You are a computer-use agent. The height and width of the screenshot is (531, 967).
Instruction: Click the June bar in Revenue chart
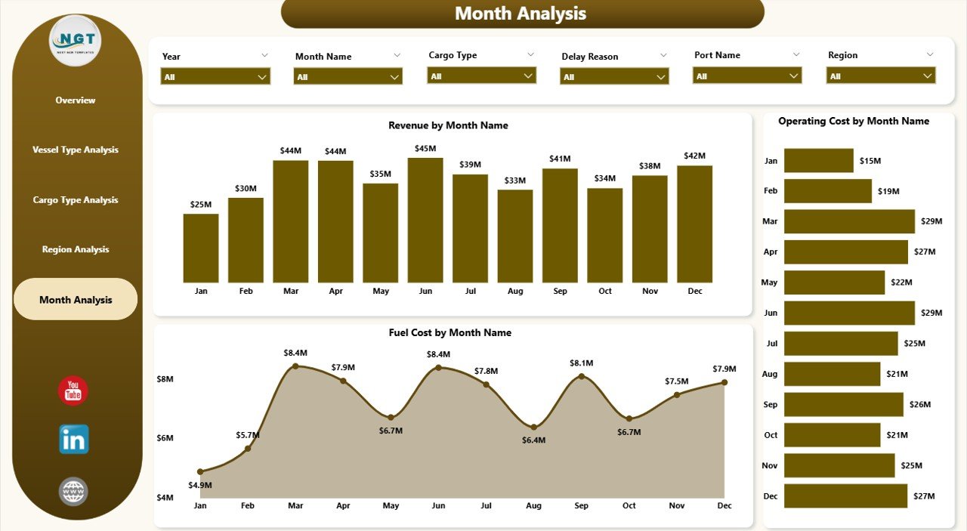point(425,220)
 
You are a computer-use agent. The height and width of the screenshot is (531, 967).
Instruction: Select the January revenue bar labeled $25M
point(201,248)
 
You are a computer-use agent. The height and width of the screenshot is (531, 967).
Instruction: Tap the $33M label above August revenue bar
point(515,180)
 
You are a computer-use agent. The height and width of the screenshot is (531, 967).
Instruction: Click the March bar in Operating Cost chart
point(849,221)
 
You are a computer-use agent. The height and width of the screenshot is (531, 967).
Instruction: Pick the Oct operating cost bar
point(832,435)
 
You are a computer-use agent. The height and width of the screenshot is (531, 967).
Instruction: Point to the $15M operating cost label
point(870,161)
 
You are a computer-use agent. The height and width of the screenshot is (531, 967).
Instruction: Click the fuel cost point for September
point(581,376)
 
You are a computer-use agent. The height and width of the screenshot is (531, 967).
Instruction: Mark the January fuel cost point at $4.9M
point(200,471)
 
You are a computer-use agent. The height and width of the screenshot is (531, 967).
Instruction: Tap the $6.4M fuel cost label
point(533,440)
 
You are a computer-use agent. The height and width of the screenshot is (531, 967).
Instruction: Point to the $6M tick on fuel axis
point(165,438)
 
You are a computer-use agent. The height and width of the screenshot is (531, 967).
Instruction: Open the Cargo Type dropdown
point(481,76)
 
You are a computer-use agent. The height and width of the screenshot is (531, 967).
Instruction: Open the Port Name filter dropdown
point(747,76)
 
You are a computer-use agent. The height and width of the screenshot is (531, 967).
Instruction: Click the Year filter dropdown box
point(215,76)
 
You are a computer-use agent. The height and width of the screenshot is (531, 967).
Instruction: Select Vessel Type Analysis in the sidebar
point(76,150)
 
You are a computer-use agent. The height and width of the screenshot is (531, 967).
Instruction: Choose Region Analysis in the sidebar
point(76,249)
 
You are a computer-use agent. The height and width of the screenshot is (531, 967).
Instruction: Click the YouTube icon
point(73,391)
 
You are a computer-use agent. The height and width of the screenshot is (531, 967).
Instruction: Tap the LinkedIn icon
point(74,439)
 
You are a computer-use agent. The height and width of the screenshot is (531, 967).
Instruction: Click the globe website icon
point(73,492)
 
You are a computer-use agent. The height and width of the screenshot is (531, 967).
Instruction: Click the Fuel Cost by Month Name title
point(450,332)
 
